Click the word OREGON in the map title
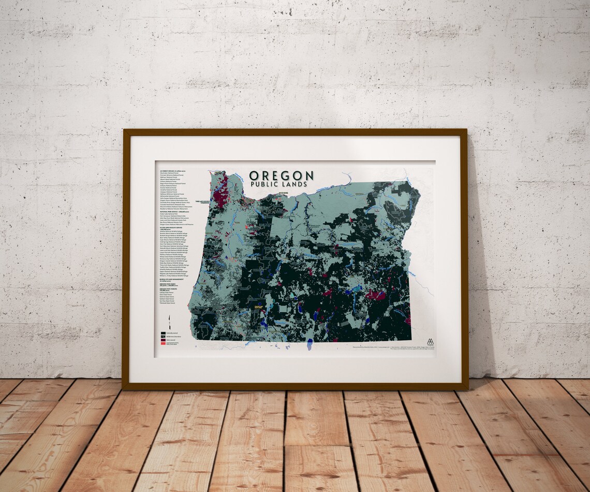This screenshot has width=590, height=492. point(281,176)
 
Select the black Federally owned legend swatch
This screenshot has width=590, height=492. point(163,332)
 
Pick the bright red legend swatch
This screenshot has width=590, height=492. point(163,343)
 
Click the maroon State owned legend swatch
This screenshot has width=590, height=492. point(163,339)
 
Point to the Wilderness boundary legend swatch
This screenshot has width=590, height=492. point(163,336)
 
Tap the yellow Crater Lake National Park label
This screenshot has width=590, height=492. point(259,308)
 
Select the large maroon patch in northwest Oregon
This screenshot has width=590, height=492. point(221,192)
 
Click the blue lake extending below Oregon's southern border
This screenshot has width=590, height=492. point(309,344)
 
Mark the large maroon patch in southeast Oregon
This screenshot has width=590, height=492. point(375,296)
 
